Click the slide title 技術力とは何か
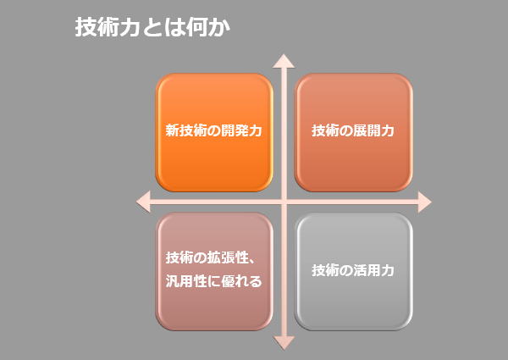pos(152,27)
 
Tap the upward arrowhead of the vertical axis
pos(284,61)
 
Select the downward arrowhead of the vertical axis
pos(284,343)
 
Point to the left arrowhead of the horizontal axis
pos(143,202)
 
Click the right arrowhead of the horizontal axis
pos(425,202)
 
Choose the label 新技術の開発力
pos(214,130)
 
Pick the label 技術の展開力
pos(353,130)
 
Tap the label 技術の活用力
pos(353,270)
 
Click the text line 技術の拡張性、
pos(212,258)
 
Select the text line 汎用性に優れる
pos(214,281)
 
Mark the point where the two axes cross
pos(284,202)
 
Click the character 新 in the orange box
pos(173,130)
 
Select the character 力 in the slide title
pos(130,27)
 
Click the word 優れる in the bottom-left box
pos(241,281)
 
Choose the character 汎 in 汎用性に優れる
pos(173,281)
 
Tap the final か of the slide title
pos(219,27)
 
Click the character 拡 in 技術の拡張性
pos(214,258)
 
